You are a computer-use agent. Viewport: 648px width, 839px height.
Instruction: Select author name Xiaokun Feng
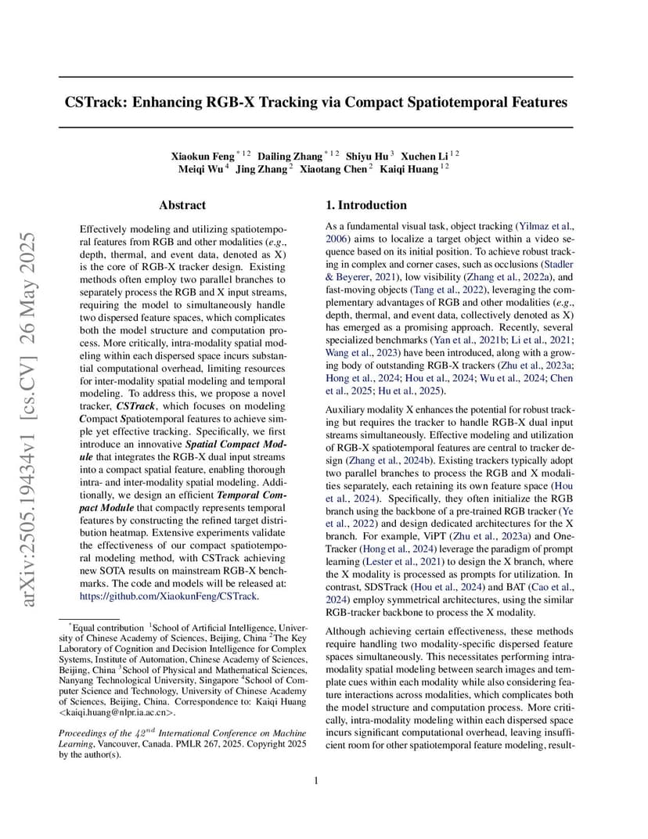click(x=203, y=156)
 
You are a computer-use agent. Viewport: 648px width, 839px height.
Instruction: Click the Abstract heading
click(x=182, y=205)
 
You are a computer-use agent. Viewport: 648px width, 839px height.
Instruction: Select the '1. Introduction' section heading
click(x=366, y=205)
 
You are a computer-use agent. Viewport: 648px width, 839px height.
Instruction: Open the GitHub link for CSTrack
click(x=169, y=596)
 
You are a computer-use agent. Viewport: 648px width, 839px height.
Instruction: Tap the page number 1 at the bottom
click(x=316, y=780)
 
